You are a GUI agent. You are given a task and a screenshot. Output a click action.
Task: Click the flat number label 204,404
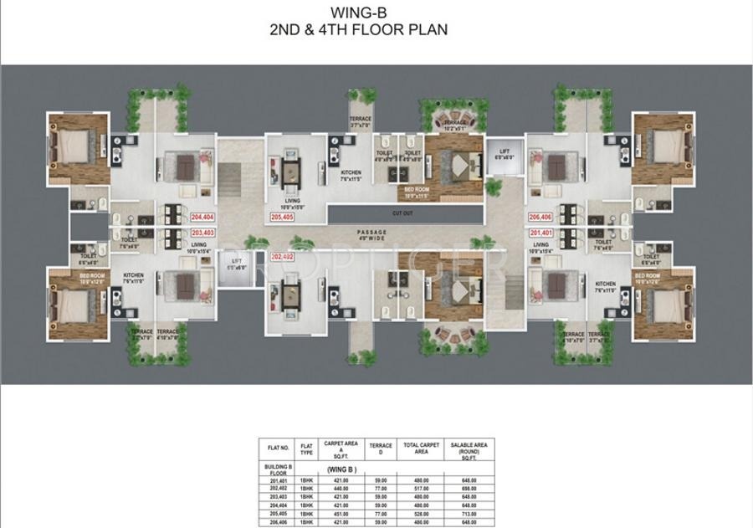[202, 216]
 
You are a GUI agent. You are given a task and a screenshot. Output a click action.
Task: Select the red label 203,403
[202, 233]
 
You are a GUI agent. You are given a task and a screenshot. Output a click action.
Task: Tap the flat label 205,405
[283, 217]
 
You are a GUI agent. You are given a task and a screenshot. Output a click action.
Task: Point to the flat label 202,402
[283, 257]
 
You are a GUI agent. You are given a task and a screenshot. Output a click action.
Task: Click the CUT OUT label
[402, 213]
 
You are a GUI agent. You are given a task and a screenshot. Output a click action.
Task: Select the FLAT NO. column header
[278, 449]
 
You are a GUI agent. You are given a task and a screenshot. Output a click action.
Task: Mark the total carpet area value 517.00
[423, 488]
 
